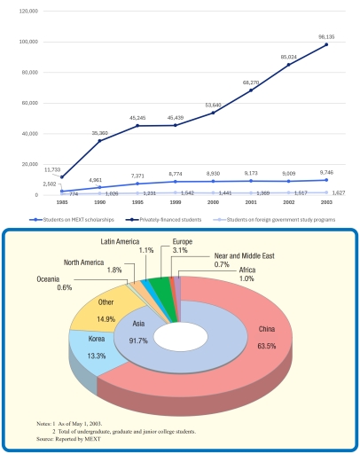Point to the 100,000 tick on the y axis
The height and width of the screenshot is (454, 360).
[30, 42]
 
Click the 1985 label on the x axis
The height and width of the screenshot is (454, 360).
[61, 201]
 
